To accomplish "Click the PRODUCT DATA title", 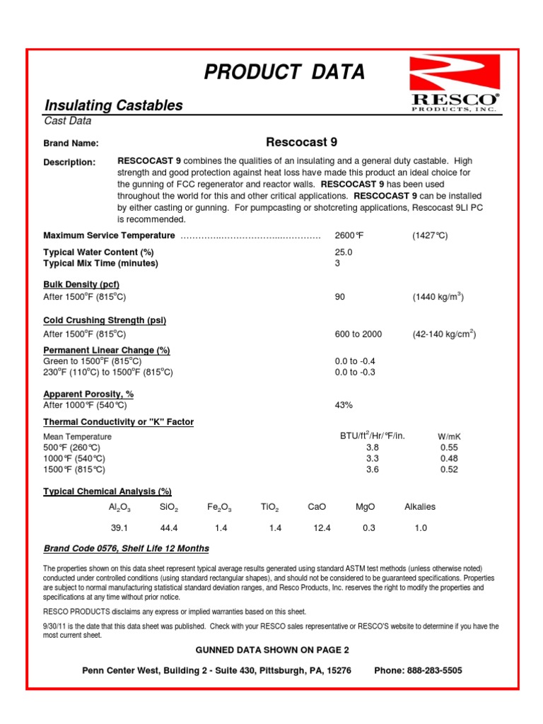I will click(284, 71).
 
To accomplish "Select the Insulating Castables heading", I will click(114, 105).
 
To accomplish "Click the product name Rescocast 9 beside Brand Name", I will click(301, 142).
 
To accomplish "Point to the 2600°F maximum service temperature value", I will click(347, 235).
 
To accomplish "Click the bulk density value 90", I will click(339, 297).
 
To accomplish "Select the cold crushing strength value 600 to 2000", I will click(358, 334).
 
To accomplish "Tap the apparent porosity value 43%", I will click(344, 405).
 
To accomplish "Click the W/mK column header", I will click(449, 437).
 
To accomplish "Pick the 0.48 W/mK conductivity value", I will click(449, 458).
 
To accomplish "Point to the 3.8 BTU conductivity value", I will click(373, 448).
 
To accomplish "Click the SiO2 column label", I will click(170, 508).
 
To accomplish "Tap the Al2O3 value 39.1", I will click(119, 528).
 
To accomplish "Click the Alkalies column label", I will click(420, 507).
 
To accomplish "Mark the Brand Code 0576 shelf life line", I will click(127, 549).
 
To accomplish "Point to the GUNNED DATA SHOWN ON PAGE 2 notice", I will click(272, 650).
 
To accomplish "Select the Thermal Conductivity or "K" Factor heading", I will click(119, 422).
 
